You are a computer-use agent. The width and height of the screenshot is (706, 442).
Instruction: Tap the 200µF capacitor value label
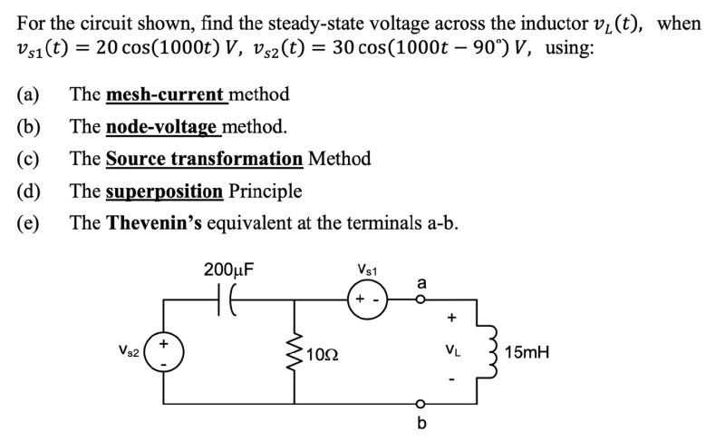click(229, 270)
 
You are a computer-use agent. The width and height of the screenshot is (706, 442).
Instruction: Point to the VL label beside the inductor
click(452, 350)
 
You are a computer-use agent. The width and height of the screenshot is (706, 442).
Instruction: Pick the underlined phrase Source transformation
click(205, 159)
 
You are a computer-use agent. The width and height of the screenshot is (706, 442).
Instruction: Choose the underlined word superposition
click(165, 192)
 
